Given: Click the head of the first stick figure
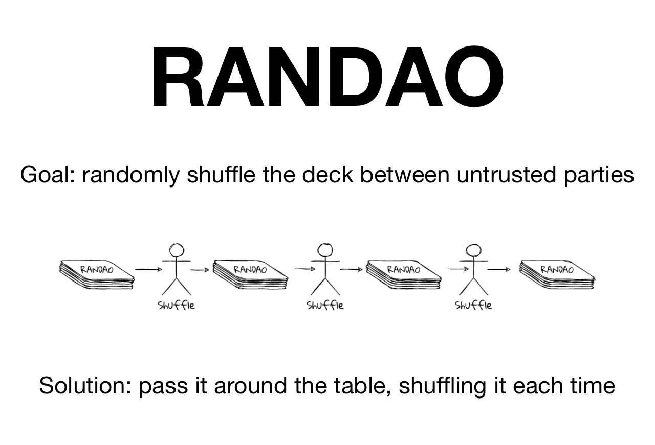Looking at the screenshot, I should tap(177, 250).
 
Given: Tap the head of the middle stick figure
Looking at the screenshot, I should tap(325, 250).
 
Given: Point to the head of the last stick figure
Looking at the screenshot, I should tap(473, 250).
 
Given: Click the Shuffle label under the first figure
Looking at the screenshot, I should tap(177, 306).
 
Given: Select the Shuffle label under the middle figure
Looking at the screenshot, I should tap(325, 306).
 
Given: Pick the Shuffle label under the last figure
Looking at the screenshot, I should tap(473, 306).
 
